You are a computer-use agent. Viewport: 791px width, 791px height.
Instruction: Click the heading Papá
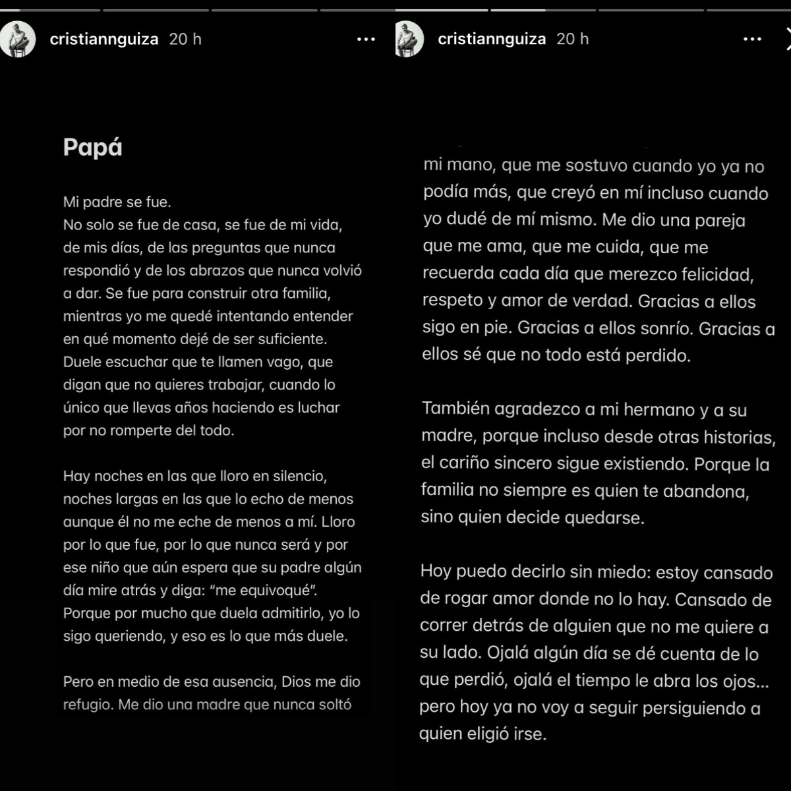point(93,148)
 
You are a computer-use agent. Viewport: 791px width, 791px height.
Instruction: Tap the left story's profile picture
point(18,39)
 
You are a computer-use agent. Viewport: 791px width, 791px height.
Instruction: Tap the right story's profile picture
point(409,39)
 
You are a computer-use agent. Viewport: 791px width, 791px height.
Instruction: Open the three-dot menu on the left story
point(366,40)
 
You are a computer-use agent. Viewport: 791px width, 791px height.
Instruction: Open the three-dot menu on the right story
point(752,40)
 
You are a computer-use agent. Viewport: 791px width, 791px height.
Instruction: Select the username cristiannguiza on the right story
point(492,40)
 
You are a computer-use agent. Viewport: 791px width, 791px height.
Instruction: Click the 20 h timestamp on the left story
point(185,40)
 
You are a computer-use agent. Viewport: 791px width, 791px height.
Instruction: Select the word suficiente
point(292,339)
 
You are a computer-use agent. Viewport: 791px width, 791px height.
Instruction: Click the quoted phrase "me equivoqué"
point(267,590)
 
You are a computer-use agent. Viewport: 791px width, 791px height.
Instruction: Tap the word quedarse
point(602,517)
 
